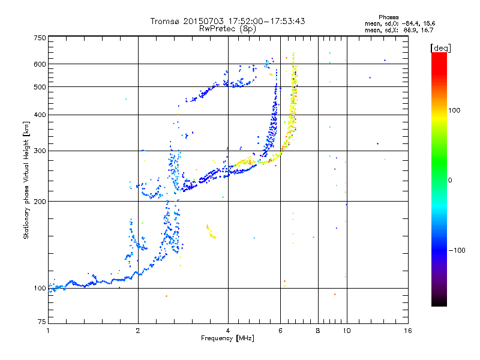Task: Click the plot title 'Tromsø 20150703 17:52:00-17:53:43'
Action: pos(227,21)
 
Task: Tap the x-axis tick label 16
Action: pos(407,331)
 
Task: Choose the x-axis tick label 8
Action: pos(318,331)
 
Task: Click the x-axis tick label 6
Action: pos(281,331)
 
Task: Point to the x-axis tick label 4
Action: pos(228,331)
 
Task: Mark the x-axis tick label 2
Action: pos(138,331)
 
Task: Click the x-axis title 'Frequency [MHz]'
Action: pos(227,339)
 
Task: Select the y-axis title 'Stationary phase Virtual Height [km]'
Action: pos(26,180)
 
